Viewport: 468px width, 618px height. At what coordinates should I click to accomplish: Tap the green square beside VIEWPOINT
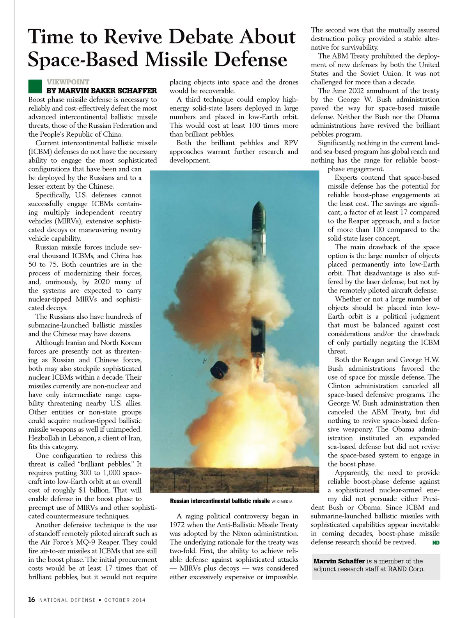(x=35, y=86)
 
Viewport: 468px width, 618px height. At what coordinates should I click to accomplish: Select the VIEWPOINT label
(x=68, y=82)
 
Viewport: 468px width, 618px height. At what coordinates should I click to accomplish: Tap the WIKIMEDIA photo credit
(x=282, y=502)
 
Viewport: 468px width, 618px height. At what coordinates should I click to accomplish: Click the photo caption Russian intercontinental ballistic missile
(x=220, y=501)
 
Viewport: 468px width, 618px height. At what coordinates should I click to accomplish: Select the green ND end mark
(x=436, y=543)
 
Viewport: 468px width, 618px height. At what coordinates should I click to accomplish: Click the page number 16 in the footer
(x=32, y=600)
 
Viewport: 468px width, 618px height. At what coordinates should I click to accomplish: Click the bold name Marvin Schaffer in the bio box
(x=339, y=561)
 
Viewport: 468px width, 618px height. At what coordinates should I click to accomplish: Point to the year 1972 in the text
(x=178, y=525)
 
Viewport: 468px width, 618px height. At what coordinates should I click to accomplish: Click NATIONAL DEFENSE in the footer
(x=67, y=600)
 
